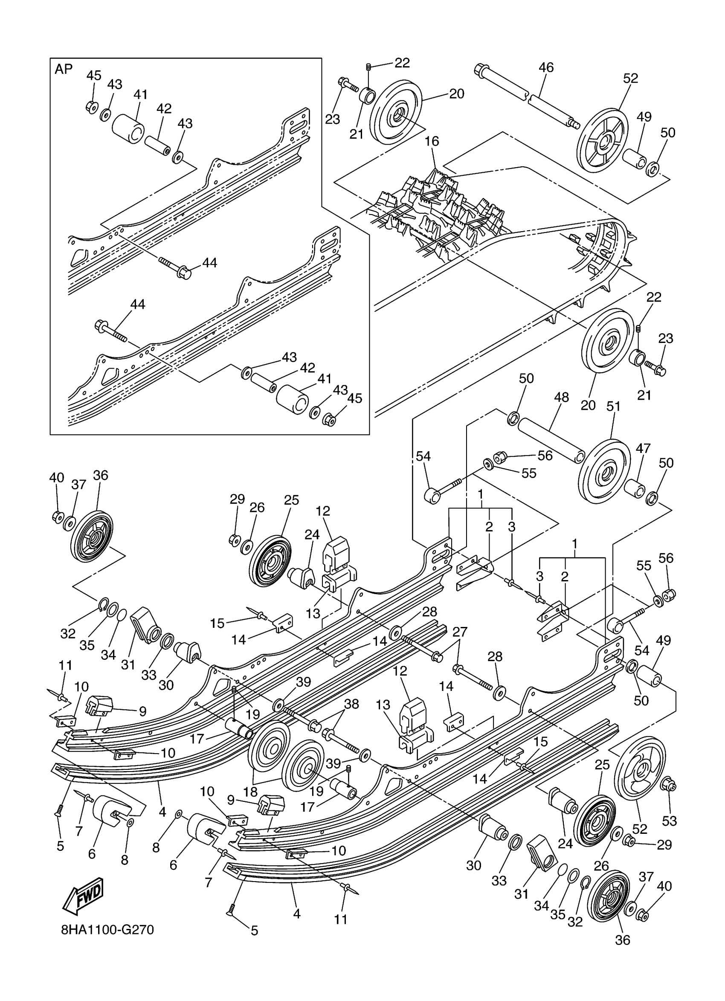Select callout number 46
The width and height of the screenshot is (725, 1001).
[x=546, y=67]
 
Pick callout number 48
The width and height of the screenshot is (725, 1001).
[x=562, y=397]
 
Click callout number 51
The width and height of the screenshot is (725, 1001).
[x=613, y=406]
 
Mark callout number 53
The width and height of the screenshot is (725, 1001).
[x=669, y=821]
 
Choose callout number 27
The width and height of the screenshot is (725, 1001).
[x=460, y=632]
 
